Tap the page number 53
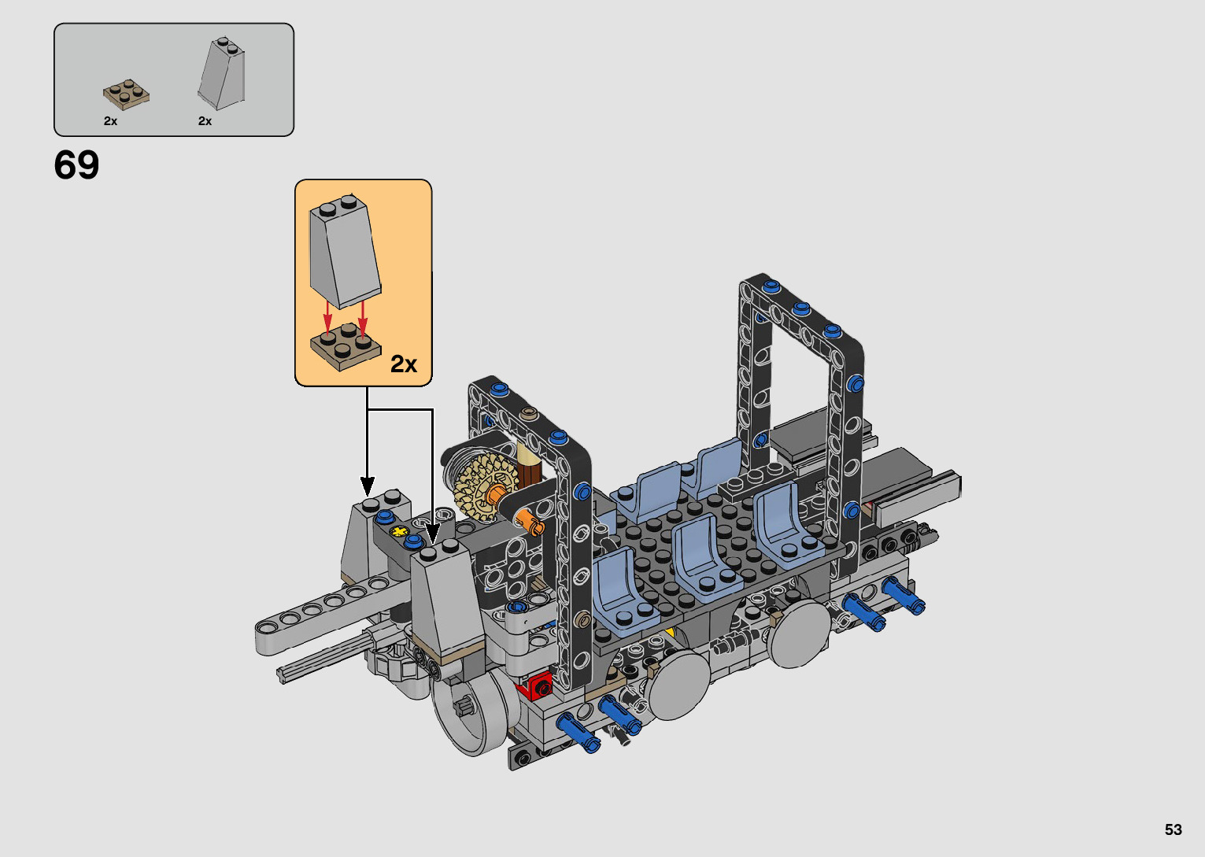click(x=1174, y=829)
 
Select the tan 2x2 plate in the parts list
click(x=127, y=94)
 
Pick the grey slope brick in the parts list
click(x=222, y=74)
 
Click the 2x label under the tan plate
click(x=110, y=121)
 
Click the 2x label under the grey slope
click(x=205, y=121)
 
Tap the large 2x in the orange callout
click(x=404, y=364)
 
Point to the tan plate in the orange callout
click(x=346, y=347)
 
